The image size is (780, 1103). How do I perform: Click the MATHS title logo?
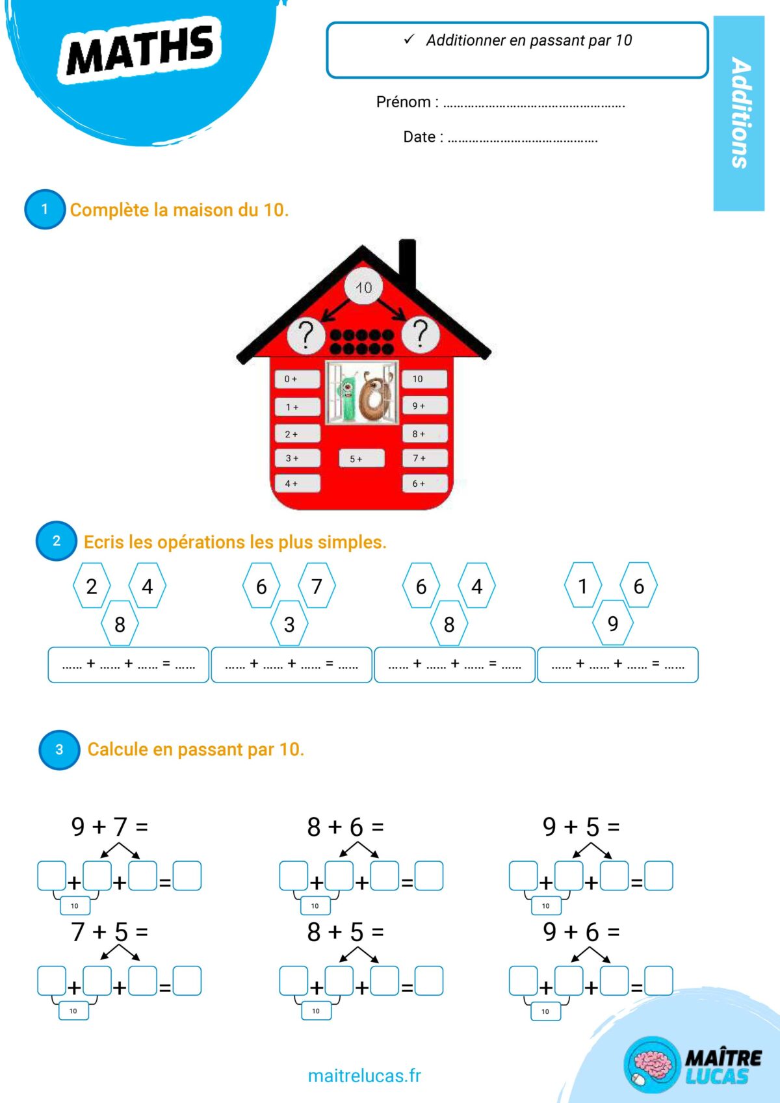pos(140,51)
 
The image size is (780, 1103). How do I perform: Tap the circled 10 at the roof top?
pos(363,287)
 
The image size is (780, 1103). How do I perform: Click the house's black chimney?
pos(408,264)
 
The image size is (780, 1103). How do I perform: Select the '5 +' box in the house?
pos(361,458)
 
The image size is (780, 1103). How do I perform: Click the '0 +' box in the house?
pos(297,379)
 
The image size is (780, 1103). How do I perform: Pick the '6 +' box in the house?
pos(424,484)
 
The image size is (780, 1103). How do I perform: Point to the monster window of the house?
pos(362,393)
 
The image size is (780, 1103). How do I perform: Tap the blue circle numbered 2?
pos(57,541)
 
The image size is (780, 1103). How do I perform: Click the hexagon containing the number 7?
pos(317,586)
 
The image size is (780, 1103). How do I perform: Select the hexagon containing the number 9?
pos(612,624)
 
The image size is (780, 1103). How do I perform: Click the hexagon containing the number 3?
pos(289,624)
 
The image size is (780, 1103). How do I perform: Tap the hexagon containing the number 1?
pos(583,586)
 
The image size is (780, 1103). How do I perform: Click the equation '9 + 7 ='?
pos(110,827)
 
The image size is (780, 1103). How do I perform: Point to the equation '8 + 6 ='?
pos(345,827)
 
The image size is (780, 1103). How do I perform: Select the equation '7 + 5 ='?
pos(110,932)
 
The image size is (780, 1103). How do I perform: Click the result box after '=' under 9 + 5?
pos(658,876)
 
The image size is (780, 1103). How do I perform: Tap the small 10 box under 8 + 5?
pos(316,1011)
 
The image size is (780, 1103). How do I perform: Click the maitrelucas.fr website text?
pos(364,1076)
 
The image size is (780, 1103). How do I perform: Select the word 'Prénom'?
pos(403,102)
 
